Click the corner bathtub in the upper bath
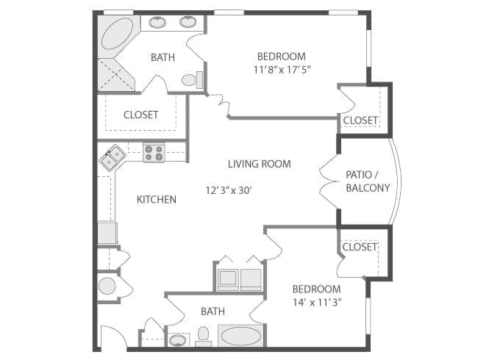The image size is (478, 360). coord(116,36)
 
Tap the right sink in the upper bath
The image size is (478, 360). coord(188,22)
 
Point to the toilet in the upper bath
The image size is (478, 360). coord(189,79)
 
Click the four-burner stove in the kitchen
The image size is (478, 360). coord(154,153)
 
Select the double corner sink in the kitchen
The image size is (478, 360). coord(112,158)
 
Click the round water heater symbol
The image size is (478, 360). coord(107,286)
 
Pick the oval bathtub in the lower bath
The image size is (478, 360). coord(240,337)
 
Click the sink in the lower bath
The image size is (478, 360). coord(177,339)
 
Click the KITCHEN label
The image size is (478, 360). coord(157,199)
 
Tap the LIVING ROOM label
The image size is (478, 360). coord(259,164)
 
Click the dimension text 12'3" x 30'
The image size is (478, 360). coord(229,190)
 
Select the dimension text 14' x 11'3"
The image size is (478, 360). coord(316,302)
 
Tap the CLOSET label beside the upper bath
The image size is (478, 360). coord(141,115)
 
